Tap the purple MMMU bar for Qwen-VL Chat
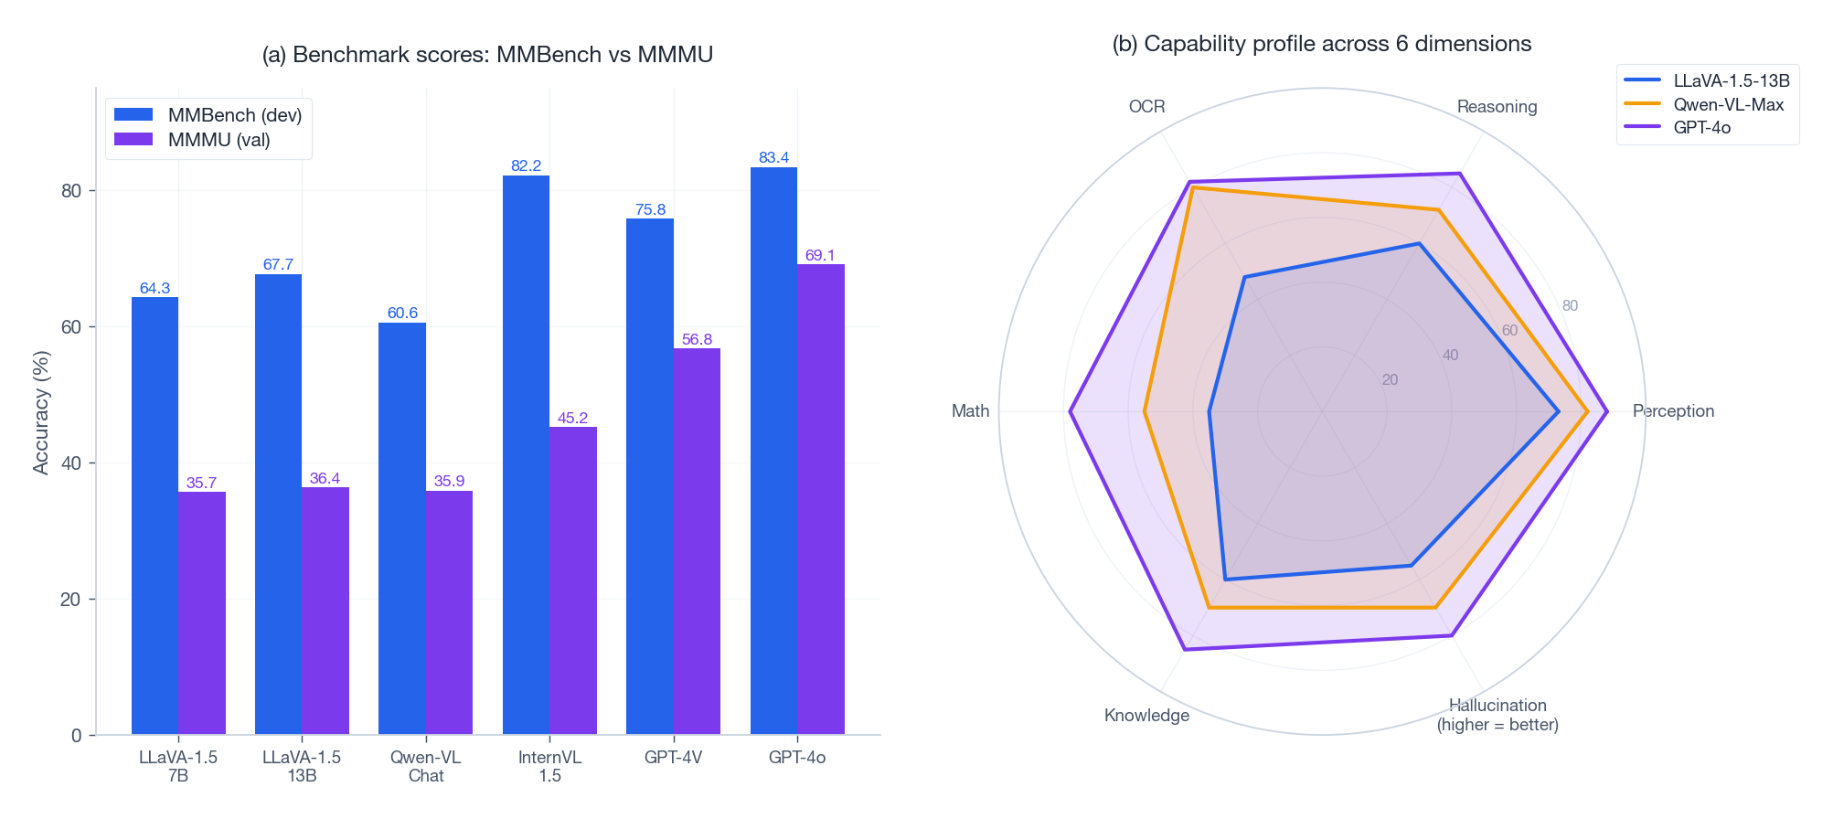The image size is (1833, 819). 449,612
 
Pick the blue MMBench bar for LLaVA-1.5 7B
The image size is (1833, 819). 155,516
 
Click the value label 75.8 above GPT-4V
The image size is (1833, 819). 650,209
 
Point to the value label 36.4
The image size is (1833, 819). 325,478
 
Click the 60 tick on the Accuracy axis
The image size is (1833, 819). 71,327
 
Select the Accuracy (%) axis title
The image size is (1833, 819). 40,412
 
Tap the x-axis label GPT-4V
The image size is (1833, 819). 673,757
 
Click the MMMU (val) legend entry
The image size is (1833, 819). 218,140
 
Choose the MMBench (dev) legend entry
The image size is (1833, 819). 234,115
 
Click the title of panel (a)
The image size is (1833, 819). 487,55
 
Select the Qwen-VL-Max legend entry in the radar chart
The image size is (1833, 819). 1728,104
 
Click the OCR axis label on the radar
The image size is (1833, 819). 1146,106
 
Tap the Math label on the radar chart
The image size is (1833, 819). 970,410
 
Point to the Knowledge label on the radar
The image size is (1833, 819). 1146,715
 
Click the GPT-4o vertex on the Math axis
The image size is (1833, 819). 1070,411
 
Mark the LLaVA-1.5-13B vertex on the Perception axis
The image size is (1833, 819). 1559,411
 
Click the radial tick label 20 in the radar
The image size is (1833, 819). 1390,379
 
